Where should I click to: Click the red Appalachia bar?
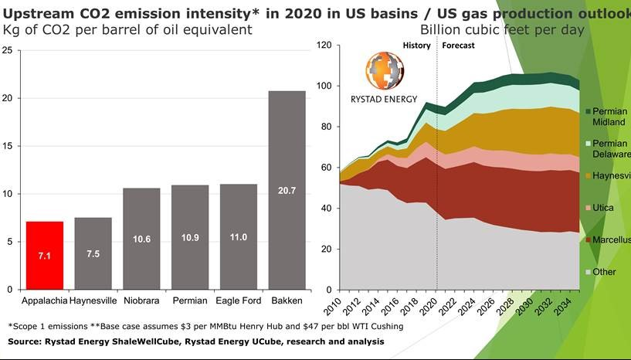pyautogui.click(x=45, y=255)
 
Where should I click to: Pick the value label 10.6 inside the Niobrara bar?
pyautogui.click(x=141, y=239)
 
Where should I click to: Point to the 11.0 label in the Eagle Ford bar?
pyautogui.click(x=238, y=237)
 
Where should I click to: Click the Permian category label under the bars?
pyautogui.click(x=190, y=300)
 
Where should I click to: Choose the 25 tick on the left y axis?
pyautogui.click(x=8, y=50)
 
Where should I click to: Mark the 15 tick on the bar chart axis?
pyautogui.click(x=8, y=146)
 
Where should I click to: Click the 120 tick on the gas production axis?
pyautogui.click(x=324, y=46)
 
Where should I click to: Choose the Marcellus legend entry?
pyautogui.click(x=609, y=240)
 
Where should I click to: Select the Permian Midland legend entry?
pyautogui.click(x=608, y=117)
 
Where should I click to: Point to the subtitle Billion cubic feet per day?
pyautogui.click(x=502, y=29)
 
